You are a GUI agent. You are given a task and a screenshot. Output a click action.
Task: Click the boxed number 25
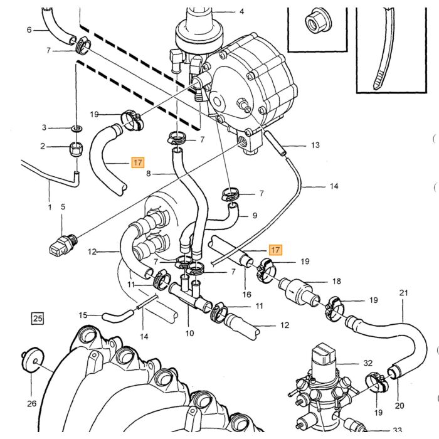[38, 319]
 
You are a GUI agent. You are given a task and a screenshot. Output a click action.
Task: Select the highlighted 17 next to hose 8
[138, 162]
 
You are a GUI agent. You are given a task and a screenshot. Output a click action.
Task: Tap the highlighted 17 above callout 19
[275, 250]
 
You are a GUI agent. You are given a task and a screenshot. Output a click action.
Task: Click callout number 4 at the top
[242, 11]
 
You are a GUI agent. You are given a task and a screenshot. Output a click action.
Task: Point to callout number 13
[315, 145]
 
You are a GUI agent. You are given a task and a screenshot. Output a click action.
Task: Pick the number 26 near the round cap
[31, 403]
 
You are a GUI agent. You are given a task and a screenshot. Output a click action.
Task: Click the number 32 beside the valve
[368, 363]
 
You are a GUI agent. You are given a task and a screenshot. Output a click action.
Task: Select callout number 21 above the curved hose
[403, 293]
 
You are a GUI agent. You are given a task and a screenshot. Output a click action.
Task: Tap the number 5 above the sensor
[63, 206]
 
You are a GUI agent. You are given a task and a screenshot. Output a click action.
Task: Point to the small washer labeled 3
[77, 129]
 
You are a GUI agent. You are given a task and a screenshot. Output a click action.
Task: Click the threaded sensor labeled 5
[63, 244]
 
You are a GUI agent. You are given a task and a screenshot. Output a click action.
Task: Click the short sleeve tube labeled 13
[275, 144]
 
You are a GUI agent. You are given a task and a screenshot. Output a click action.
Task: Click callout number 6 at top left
[29, 29]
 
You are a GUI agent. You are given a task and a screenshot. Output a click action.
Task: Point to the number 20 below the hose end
[399, 406]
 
